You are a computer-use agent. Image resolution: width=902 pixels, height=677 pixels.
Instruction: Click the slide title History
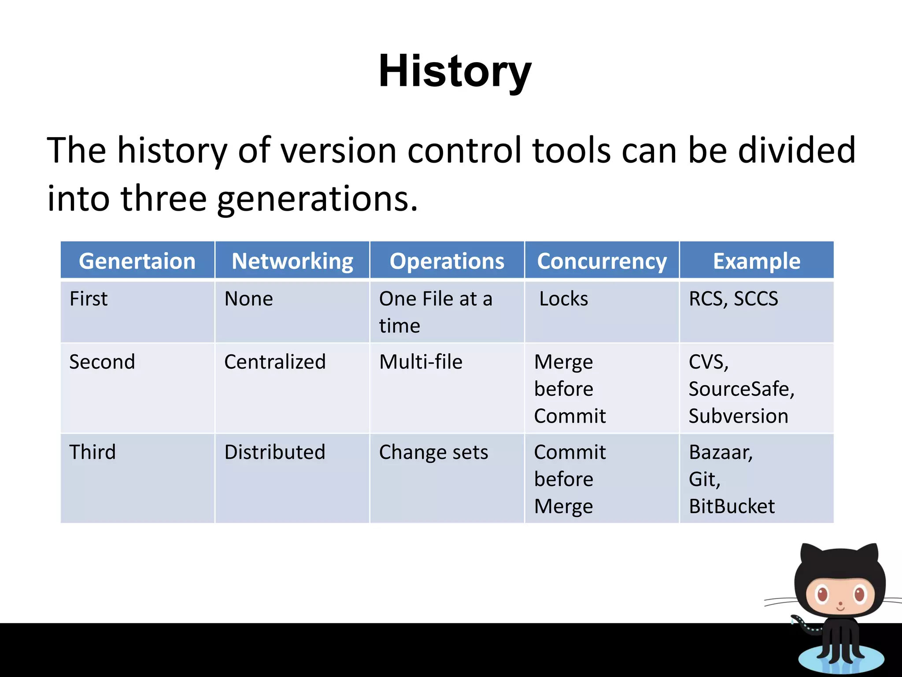[455, 71]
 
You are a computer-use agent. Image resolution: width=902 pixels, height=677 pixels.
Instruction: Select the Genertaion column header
[137, 261]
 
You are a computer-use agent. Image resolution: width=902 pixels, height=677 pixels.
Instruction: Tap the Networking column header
[292, 261]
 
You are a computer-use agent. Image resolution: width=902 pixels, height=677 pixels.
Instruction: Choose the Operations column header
[447, 261]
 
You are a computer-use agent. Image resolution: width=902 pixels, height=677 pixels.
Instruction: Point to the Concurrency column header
[602, 261]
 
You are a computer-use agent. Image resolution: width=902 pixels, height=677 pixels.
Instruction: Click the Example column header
[757, 261]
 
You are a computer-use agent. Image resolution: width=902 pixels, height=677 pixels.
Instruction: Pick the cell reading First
[89, 299]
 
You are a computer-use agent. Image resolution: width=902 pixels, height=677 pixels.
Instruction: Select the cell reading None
[249, 299]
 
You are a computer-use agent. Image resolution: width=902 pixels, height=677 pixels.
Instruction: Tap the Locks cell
[564, 299]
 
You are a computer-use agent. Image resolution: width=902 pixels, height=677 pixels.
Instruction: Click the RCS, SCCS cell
[733, 299]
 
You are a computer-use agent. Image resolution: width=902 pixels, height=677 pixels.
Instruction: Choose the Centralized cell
[275, 362]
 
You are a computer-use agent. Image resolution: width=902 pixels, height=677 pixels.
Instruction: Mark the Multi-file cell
[421, 362]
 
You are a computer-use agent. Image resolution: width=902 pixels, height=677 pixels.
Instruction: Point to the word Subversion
[738, 416]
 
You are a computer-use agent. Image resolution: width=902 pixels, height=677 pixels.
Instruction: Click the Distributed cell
[275, 452]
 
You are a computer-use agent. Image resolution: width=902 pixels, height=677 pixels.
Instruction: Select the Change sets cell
[433, 452]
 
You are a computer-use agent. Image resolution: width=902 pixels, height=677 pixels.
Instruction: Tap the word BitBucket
[732, 506]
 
